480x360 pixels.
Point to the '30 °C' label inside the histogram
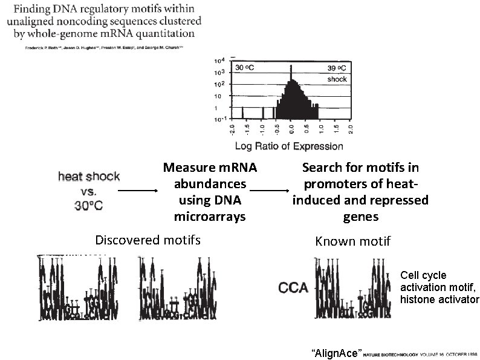(245, 67)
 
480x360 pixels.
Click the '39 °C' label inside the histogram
(337, 67)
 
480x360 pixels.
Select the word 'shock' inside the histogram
(337, 79)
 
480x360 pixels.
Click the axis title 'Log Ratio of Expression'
(288, 146)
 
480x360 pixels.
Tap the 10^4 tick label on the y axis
(220, 61)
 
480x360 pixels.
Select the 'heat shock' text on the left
(89, 177)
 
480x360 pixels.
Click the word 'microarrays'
(210, 216)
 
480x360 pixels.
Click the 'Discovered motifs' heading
(148, 240)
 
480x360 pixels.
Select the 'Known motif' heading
(353, 241)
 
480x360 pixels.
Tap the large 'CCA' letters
(294, 287)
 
